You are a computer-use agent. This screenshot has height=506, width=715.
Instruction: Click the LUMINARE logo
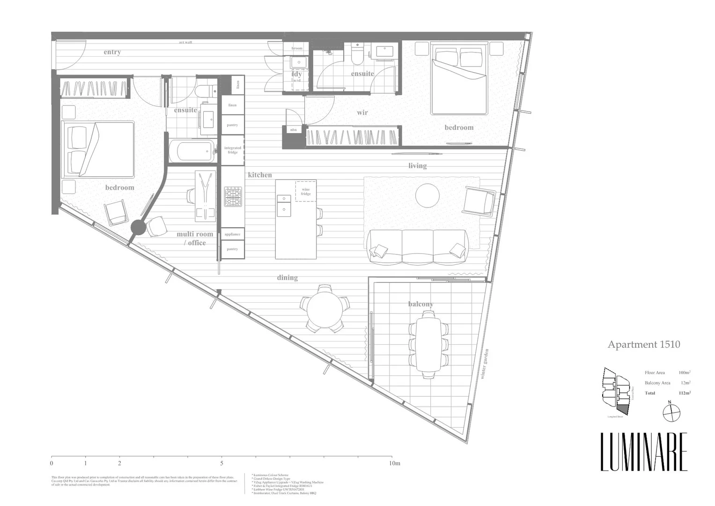tap(644, 452)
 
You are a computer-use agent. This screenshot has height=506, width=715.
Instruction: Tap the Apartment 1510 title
tap(643, 344)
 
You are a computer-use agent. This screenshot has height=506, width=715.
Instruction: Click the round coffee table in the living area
tap(427, 195)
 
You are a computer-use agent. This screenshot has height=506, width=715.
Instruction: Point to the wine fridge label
tap(306, 192)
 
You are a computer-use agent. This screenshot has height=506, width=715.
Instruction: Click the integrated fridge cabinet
tap(233, 150)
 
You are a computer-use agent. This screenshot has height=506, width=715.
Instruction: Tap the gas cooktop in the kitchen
tap(233, 197)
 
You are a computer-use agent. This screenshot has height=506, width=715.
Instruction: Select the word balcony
tap(420, 304)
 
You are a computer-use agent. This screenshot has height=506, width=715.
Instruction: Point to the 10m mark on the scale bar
tap(395, 463)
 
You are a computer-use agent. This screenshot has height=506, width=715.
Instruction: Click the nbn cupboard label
tap(294, 130)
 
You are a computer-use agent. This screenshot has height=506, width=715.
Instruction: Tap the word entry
tap(112, 52)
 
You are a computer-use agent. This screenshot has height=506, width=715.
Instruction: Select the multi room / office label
tap(194, 238)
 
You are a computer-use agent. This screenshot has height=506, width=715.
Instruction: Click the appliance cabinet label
tap(232, 234)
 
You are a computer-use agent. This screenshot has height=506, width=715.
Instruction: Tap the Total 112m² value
tap(684, 393)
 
